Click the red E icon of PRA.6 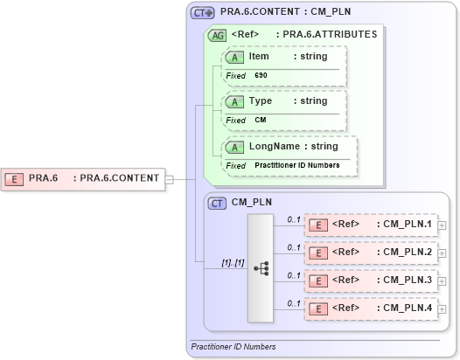click(x=15, y=178)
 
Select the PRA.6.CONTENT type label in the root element click(x=119, y=178)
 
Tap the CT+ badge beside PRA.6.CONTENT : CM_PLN click(x=203, y=13)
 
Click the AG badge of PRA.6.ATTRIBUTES click(x=216, y=35)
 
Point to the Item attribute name click(x=259, y=57)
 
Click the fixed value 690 click(x=261, y=76)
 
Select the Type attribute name click(x=261, y=101)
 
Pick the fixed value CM click(x=261, y=120)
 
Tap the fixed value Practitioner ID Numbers click(x=297, y=164)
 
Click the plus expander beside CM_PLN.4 click(x=443, y=308)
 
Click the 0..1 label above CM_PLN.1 click(x=295, y=219)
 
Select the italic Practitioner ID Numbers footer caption click(x=233, y=347)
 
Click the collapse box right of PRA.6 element click(x=170, y=179)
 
